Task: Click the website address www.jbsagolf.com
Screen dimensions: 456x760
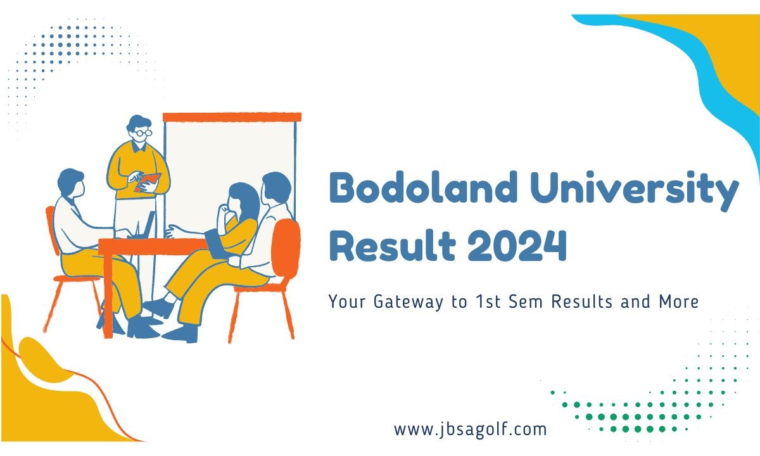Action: tap(470, 429)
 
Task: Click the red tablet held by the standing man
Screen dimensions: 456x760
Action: tap(147, 182)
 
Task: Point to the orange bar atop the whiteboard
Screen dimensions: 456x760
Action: tap(232, 117)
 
